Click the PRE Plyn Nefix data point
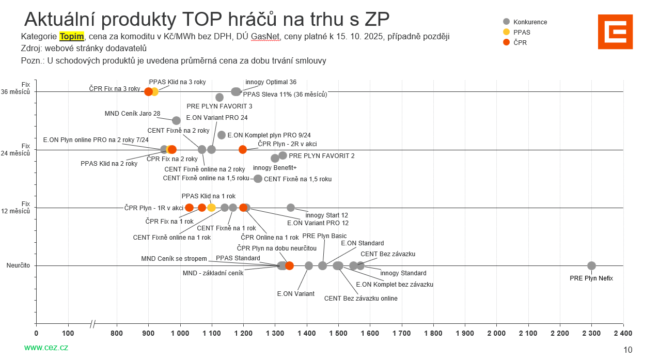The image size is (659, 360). click(x=591, y=265)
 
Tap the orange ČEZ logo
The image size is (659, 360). click(x=615, y=32)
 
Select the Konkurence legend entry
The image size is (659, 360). click(x=525, y=22)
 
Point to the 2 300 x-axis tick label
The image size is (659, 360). click(x=592, y=334)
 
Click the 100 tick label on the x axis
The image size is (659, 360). click(x=68, y=334)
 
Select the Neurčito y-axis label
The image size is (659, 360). click(x=18, y=265)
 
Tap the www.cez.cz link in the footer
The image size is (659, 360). click(x=46, y=348)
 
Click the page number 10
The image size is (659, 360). click(x=627, y=350)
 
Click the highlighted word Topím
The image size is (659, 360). click(x=72, y=37)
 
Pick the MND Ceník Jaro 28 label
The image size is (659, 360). click(x=132, y=114)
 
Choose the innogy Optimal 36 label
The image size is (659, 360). click(x=271, y=82)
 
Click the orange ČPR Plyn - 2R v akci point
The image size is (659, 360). click(x=243, y=150)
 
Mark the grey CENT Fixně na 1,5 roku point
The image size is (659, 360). click(x=258, y=179)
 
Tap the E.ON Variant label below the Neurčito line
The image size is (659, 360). click(x=295, y=294)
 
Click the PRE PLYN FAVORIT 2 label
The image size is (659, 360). click(x=321, y=155)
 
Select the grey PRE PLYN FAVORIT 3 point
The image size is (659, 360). click(x=219, y=97)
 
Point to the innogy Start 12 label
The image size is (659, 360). click(x=326, y=215)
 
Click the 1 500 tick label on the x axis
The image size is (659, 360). click(x=338, y=334)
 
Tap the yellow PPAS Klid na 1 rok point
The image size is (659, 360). click(x=211, y=208)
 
